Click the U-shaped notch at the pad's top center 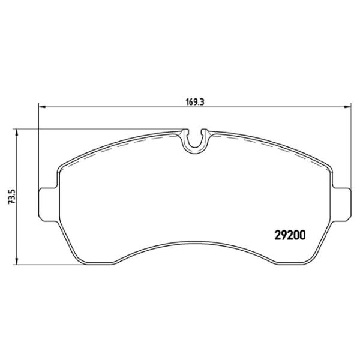coord(194,140)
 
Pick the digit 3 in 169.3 coord(203,102)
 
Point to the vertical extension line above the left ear coord(38,150)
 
